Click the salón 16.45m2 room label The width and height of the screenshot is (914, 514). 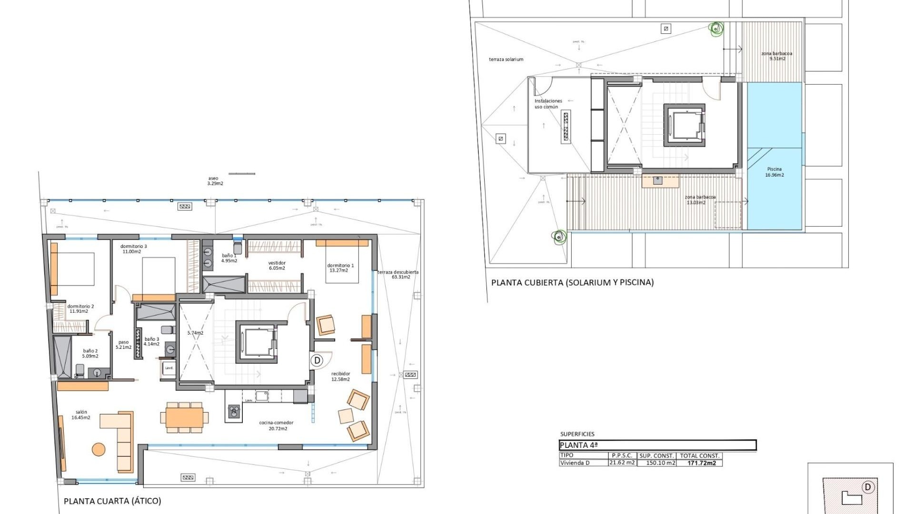(x=81, y=415)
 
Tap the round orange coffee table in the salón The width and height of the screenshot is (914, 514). (x=99, y=449)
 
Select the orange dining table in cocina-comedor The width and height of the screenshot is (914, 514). (x=184, y=417)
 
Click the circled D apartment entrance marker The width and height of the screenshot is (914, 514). (x=318, y=360)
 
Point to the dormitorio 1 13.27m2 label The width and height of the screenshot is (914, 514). (x=340, y=268)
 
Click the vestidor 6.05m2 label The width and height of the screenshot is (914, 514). (x=277, y=266)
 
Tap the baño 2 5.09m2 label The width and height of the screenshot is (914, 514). (x=90, y=354)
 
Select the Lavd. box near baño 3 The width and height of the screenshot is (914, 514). (x=169, y=368)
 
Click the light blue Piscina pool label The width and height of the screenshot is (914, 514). (x=774, y=172)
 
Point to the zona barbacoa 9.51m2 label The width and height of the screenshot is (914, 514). (x=776, y=56)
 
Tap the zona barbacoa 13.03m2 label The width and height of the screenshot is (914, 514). (x=699, y=200)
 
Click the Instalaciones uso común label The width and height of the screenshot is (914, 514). (x=547, y=104)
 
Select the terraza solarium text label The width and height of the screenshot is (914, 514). (x=506, y=59)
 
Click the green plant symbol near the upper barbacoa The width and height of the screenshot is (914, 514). (x=715, y=30)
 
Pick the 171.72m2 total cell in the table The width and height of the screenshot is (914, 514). (x=701, y=463)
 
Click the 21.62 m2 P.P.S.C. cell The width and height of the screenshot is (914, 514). (x=622, y=463)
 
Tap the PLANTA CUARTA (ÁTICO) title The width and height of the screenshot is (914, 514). (x=112, y=501)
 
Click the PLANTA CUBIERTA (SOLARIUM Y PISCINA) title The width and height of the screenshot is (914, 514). (x=572, y=282)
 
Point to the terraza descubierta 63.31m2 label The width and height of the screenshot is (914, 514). (x=398, y=275)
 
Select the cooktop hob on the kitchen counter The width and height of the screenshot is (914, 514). (x=233, y=411)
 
